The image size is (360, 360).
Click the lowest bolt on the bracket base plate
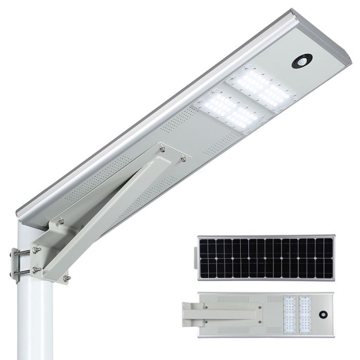point(66,279)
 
